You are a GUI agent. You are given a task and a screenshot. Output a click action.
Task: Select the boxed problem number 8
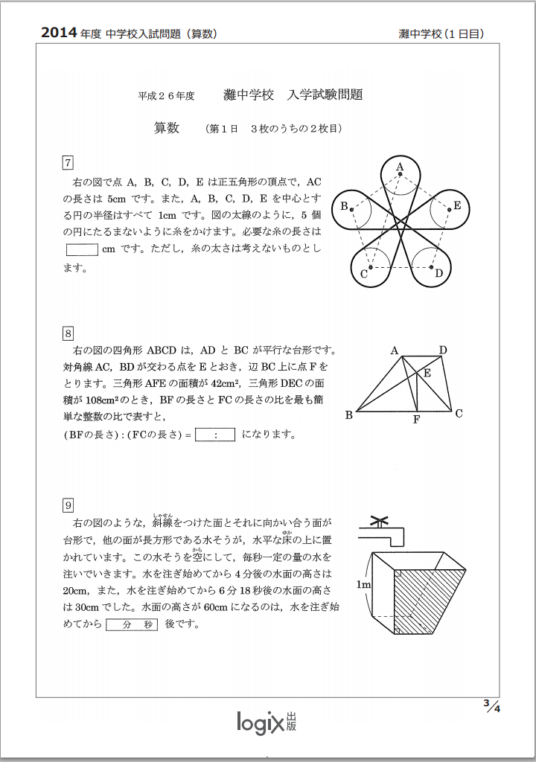[68, 333]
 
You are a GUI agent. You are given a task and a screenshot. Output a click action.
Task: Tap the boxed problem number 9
[68, 506]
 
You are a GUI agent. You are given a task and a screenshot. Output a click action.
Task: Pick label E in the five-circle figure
[457, 206]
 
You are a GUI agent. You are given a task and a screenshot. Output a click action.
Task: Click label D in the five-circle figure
[439, 273]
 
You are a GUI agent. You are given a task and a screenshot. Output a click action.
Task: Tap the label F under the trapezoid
[417, 420]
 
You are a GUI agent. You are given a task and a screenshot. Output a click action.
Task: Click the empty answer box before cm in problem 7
[82, 249]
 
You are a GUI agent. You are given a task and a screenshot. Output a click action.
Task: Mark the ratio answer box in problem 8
[215, 435]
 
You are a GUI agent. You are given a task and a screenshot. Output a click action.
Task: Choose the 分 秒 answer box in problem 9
[132, 624]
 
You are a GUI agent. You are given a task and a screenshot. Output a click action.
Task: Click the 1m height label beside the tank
[363, 585]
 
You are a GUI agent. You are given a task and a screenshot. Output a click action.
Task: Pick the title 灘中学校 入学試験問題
[293, 95]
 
